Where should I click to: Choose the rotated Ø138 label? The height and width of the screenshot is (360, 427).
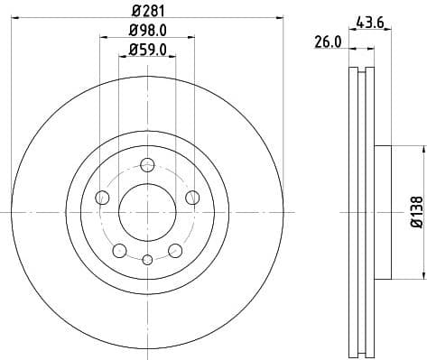(415, 211)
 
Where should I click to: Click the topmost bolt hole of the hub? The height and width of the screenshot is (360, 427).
(147, 163)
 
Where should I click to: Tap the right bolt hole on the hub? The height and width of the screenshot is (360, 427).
(192, 197)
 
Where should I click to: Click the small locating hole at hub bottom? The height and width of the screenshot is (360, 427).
(147, 260)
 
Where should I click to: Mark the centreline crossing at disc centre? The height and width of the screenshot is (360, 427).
(147, 211)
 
